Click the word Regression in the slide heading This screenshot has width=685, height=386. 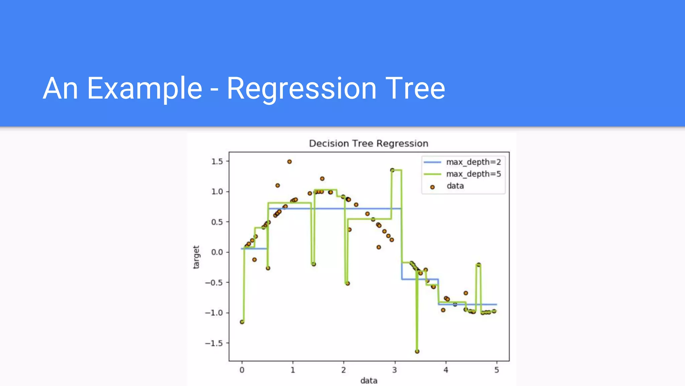point(302,88)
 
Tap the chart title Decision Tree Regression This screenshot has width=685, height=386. point(369,143)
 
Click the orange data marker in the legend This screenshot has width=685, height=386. point(432,187)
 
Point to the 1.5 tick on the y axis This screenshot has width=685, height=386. point(217,162)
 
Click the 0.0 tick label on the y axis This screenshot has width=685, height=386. point(217,252)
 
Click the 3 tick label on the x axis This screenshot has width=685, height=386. point(395,370)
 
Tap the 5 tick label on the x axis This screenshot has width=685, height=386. point(497,370)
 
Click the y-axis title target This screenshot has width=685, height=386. point(196,257)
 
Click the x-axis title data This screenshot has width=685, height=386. point(369,381)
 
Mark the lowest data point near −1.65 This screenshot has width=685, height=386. point(417,351)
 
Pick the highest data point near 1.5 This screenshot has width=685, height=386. point(289,162)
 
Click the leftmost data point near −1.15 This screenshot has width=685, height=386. point(242,322)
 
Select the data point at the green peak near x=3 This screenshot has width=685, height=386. point(392,170)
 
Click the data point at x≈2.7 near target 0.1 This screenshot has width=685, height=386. point(379,247)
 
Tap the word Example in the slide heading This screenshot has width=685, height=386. point(144,88)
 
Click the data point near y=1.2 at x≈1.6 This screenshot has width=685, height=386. point(322,179)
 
